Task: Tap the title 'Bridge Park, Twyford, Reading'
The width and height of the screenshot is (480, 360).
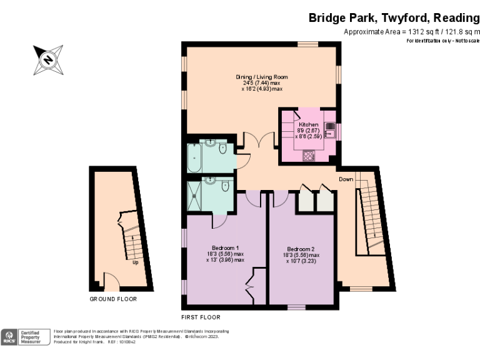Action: pyautogui.click(x=394, y=17)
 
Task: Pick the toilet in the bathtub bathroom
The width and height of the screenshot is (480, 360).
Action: pyautogui.click(x=223, y=149)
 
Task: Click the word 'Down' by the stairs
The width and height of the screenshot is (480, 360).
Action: pyautogui.click(x=346, y=179)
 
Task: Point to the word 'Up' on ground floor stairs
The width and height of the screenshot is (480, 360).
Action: pyautogui.click(x=135, y=262)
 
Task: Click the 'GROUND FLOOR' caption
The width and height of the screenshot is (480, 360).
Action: pyautogui.click(x=113, y=299)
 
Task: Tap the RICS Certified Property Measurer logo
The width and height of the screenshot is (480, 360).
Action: pyautogui.click(x=26, y=336)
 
